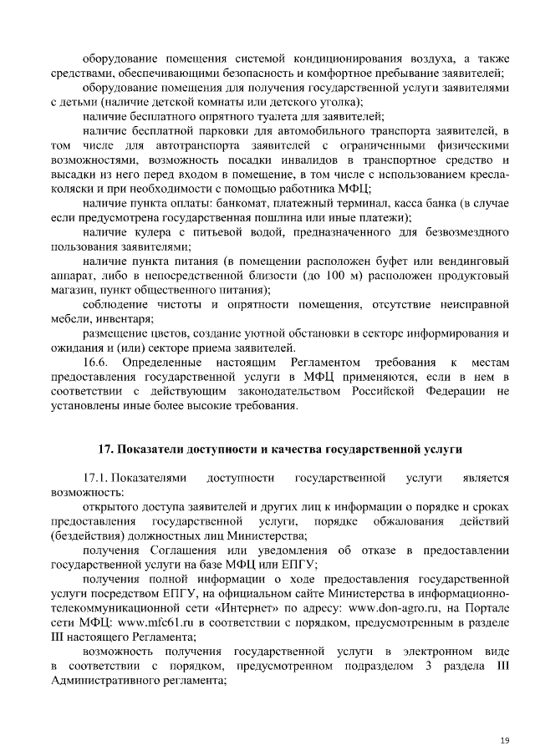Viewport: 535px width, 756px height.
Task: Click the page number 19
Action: click(504, 740)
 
